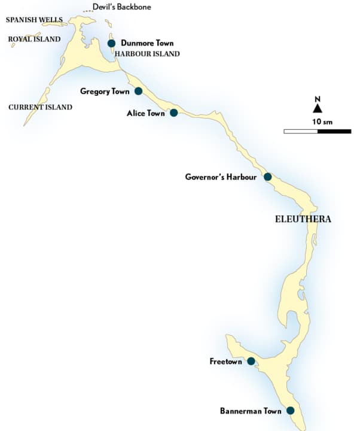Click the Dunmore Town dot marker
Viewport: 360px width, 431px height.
(x=111, y=43)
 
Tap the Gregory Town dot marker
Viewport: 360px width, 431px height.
(x=138, y=91)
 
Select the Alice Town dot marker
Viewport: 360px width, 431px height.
(x=173, y=113)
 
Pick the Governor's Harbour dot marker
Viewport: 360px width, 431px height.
(x=267, y=177)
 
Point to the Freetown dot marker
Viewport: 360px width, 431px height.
(x=251, y=361)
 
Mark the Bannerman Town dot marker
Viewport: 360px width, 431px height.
(x=290, y=411)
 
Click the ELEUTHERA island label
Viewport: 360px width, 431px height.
(x=303, y=219)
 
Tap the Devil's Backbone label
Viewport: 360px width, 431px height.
(x=121, y=7)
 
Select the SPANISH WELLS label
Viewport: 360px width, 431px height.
(x=34, y=20)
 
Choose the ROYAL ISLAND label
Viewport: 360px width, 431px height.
(x=34, y=40)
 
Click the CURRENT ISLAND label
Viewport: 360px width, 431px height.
(x=40, y=107)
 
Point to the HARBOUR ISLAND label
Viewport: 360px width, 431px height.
(x=147, y=54)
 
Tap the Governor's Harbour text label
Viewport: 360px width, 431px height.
(x=221, y=177)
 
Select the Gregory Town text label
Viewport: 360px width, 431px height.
(x=104, y=91)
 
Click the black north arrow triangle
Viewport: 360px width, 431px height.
(x=318, y=108)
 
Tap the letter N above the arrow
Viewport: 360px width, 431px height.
(x=318, y=99)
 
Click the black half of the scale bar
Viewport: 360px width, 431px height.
(x=334, y=130)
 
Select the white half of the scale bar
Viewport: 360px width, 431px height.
(x=301, y=130)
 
